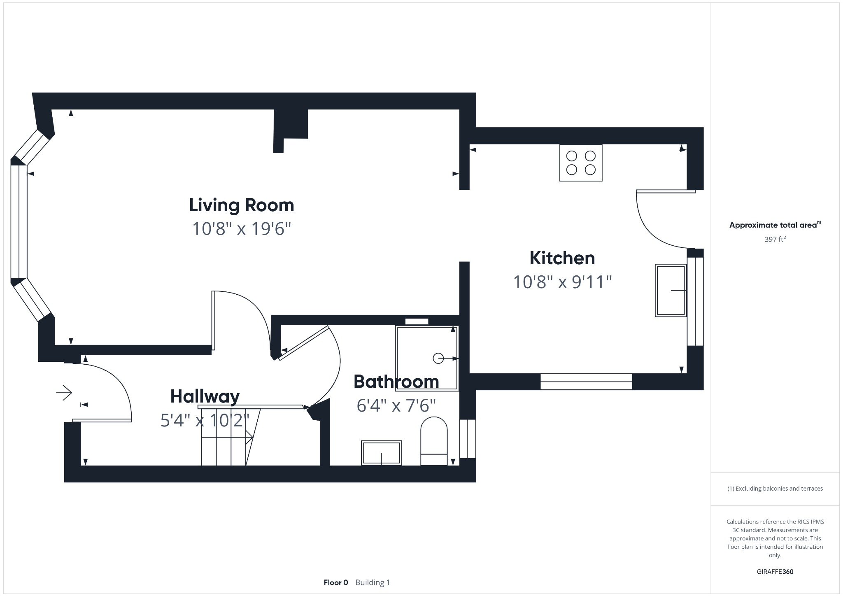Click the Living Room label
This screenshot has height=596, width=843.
coord(241,205)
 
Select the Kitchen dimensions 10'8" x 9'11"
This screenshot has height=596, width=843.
coord(562,282)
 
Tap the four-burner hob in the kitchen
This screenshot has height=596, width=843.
coord(581,163)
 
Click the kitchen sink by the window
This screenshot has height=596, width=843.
coord(671,290)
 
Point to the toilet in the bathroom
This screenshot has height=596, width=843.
coord(434,442)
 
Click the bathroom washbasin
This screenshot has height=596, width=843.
coord(381,453)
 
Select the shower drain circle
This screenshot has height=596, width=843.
coord(438,358)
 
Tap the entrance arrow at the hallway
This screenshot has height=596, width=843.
coord(64,393)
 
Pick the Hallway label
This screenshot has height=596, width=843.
coord(205,396)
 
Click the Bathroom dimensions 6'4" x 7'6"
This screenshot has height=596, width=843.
coord(396,405)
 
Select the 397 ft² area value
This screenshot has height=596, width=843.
coord(775,239)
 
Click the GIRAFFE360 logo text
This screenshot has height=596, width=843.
coord(775,571)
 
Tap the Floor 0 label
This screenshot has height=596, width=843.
coord(335,582)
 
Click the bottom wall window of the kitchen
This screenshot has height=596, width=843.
coord(586,382)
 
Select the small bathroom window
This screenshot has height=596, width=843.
coord(468,438)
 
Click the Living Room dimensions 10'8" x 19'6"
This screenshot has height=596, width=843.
coord(242,228)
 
